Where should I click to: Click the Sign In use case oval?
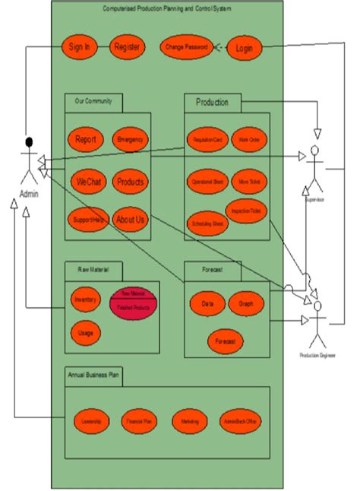pos(80,46)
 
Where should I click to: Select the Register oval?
pos(127,46)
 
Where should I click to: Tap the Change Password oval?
pos(185,47)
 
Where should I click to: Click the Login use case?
pos(244,48)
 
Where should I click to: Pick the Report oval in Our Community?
pos(85,140)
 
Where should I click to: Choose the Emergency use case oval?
pos(130,140)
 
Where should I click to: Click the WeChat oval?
pos(87,182)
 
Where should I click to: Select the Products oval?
pos(130,182)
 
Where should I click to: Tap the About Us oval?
pos(130,220)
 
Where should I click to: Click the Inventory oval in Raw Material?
pos(85,300)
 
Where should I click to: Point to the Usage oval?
pos(85,332)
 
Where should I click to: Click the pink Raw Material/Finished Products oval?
pos(134,302)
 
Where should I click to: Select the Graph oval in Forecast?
pos(245,303)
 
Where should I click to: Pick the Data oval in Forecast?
pos(207,303)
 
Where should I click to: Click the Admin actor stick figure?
pos(29,163)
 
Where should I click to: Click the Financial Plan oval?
pos(138,420)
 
